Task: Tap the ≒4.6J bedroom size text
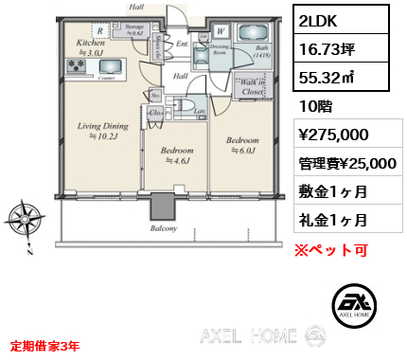tap(177, 161)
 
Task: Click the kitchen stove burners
tap(76, 66)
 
